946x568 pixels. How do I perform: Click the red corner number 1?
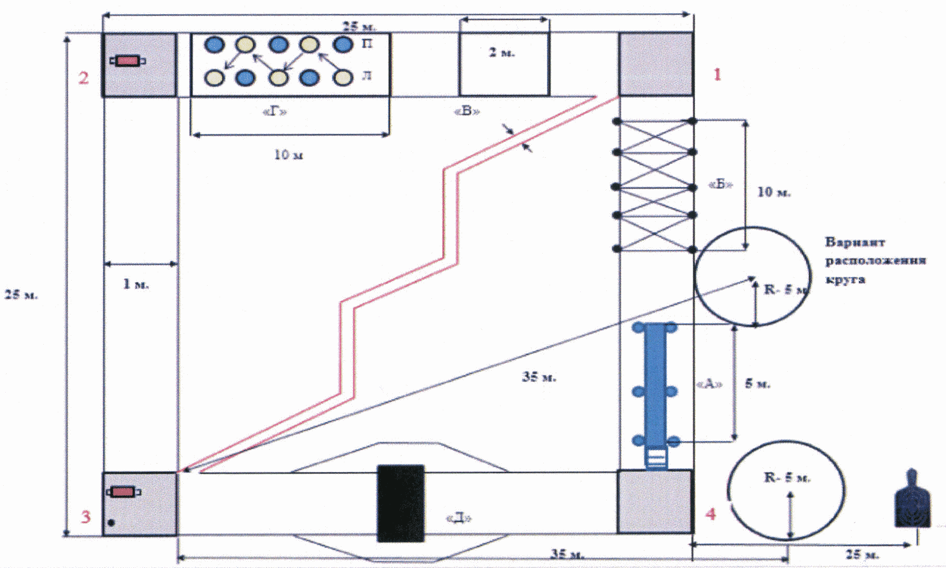[x=717, y=75]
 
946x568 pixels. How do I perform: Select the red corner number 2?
[x=84, y=78]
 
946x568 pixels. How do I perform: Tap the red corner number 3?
[x=85, y=516]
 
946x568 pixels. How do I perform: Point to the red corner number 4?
[x=710, y=514]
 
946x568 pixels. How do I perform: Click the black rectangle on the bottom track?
[x=400, y=503]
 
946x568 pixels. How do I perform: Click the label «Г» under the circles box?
[x=275, y=111]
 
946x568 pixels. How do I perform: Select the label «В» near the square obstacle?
[x=467, y=111]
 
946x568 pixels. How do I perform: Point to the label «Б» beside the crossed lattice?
[x=721, y=184]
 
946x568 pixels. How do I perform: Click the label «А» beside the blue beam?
[x=709, y=384]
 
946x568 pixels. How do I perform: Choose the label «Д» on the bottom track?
[x=459, y=518]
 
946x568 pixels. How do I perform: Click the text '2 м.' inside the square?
[x=502, y=53]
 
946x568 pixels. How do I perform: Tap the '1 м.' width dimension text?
[x=135, y=284]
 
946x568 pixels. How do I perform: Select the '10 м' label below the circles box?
[x=289, y=155]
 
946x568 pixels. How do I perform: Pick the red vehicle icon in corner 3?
[x=124, y=492]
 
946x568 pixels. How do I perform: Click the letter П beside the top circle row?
[x=367, y=44]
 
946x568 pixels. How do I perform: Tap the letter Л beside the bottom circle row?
[x=367, y=77]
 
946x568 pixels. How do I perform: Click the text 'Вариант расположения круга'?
[x=875, y=260]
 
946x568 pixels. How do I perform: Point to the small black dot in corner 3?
[x=111, y=522]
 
